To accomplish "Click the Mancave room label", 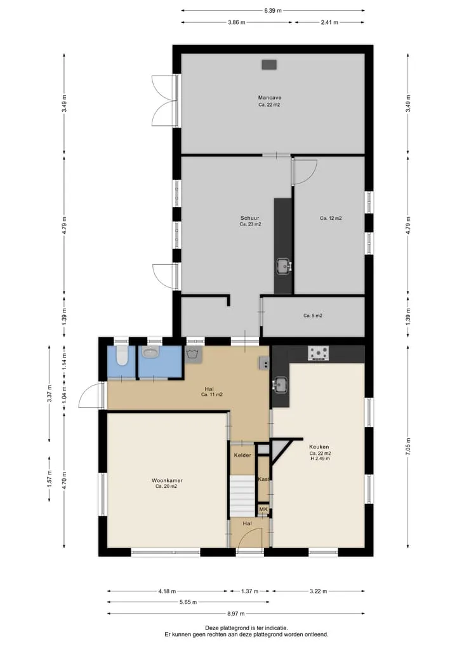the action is point(270,98).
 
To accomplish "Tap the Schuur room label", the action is point(250,218).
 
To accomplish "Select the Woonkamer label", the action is point(167,480).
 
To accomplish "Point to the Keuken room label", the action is point(319,447).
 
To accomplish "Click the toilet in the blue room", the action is point(121,356).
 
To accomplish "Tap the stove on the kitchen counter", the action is point(319,353).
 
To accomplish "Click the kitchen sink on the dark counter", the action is point(281,385).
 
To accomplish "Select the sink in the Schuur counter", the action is point(283,266).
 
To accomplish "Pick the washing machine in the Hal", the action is point(194,354).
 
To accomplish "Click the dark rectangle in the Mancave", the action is point(269,65).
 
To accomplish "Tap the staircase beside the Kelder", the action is point(242,496).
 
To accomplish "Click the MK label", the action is point(263,509).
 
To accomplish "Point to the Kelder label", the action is point(242,455).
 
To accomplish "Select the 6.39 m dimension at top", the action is point(273,11).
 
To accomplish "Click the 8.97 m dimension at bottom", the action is point(236,614).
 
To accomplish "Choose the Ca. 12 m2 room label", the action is point(331,219).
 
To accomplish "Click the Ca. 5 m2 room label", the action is point(313,316).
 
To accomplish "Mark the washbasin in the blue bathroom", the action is point(150,353).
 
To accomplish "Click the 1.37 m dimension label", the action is point(249,591).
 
